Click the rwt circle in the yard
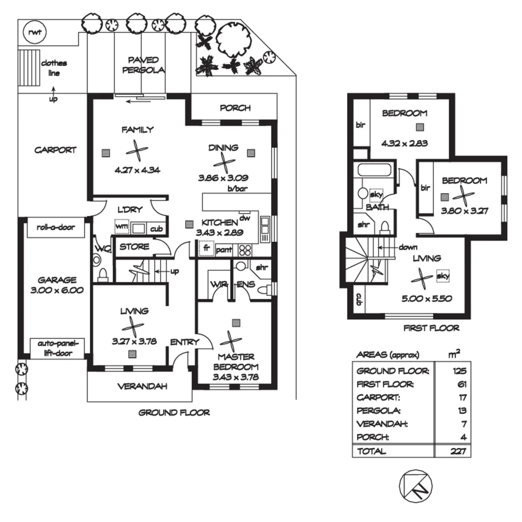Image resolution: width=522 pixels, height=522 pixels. pyautogui.click(x=34, y=33)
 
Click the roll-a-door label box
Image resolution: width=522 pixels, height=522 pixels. pyautogui.click(x=56, y=227)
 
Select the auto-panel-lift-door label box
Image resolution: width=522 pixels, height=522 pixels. pyautogui.click(x=57, y=348)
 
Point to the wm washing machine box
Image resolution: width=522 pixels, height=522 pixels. pyautogui.click(x=121, y=227)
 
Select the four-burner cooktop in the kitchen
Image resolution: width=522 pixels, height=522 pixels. pyautogui.click(x=245, y=249)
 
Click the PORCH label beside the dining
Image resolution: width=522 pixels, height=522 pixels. pyautogui.click(x=235, y=107)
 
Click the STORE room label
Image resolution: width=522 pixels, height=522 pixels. pyautogui.click(x=134, y=246)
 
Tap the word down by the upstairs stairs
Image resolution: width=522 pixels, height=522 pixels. pyautogui.click(x=408, y=247)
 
